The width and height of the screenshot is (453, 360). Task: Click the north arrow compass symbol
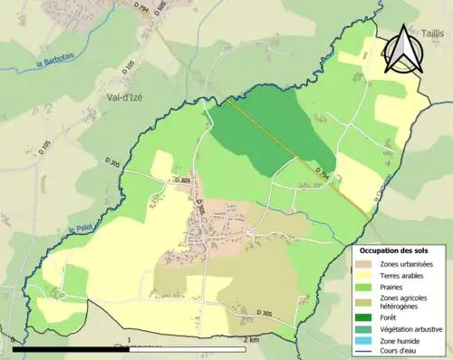tap(403, 49)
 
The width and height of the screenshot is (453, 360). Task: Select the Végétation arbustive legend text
tap(416, 329)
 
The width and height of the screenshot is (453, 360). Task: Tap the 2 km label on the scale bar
tap(253, 340)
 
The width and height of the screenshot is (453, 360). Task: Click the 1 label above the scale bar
tap(130, 340)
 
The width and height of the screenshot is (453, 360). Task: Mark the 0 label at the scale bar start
tap(14, 340)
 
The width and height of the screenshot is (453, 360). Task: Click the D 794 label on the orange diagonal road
tap(324, 172)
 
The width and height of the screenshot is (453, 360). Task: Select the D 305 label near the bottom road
tap(264, 313)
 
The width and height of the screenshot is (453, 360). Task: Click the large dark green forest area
tap(263, 131)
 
